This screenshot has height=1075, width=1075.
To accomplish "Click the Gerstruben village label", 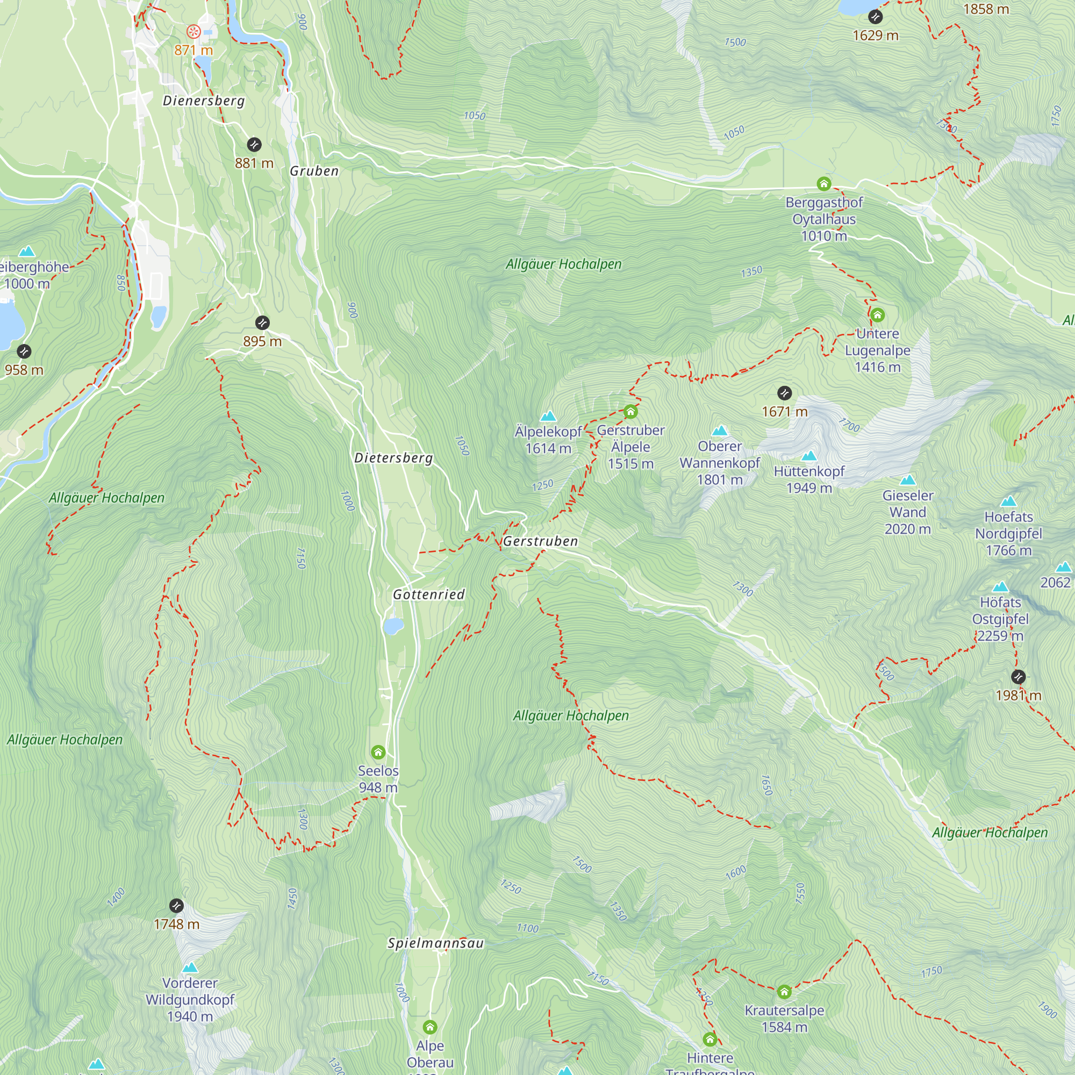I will tap(540, 541).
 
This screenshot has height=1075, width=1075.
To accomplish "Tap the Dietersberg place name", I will tap(393, 458).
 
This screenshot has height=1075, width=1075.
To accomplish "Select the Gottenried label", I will tap(428, 594).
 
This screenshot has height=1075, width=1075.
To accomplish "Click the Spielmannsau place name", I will tap(436, 943).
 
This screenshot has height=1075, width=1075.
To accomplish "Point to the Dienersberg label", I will tap(204, 101).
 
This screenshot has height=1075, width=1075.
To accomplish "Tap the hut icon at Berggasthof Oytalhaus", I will tap(823, 184).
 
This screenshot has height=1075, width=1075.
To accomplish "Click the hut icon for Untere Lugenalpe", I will tap(878, 316).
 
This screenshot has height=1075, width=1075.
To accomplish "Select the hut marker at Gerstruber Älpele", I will tap(630, 412).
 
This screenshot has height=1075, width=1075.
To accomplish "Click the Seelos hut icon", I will tap(378, 753).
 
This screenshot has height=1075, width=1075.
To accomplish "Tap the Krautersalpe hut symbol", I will tap(784, 992).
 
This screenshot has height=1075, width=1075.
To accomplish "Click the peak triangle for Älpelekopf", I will tap(548, 416).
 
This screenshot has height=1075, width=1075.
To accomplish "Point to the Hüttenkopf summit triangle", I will tap(809, 456).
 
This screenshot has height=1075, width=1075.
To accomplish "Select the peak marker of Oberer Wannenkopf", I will tap(720, 431).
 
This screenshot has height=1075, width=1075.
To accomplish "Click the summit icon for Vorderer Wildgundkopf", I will tap(190, 967).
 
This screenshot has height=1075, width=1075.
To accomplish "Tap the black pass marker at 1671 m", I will tap(784, 393).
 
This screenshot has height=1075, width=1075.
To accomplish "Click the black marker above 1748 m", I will tap(176, 906).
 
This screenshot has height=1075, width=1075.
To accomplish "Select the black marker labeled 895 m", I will tap(262, 322).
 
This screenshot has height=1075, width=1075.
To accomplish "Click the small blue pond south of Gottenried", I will tap(393, 627).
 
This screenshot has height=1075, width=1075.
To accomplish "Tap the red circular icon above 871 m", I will tap(193, 31).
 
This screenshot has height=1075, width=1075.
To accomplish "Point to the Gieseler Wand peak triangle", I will tap(907, 480).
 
